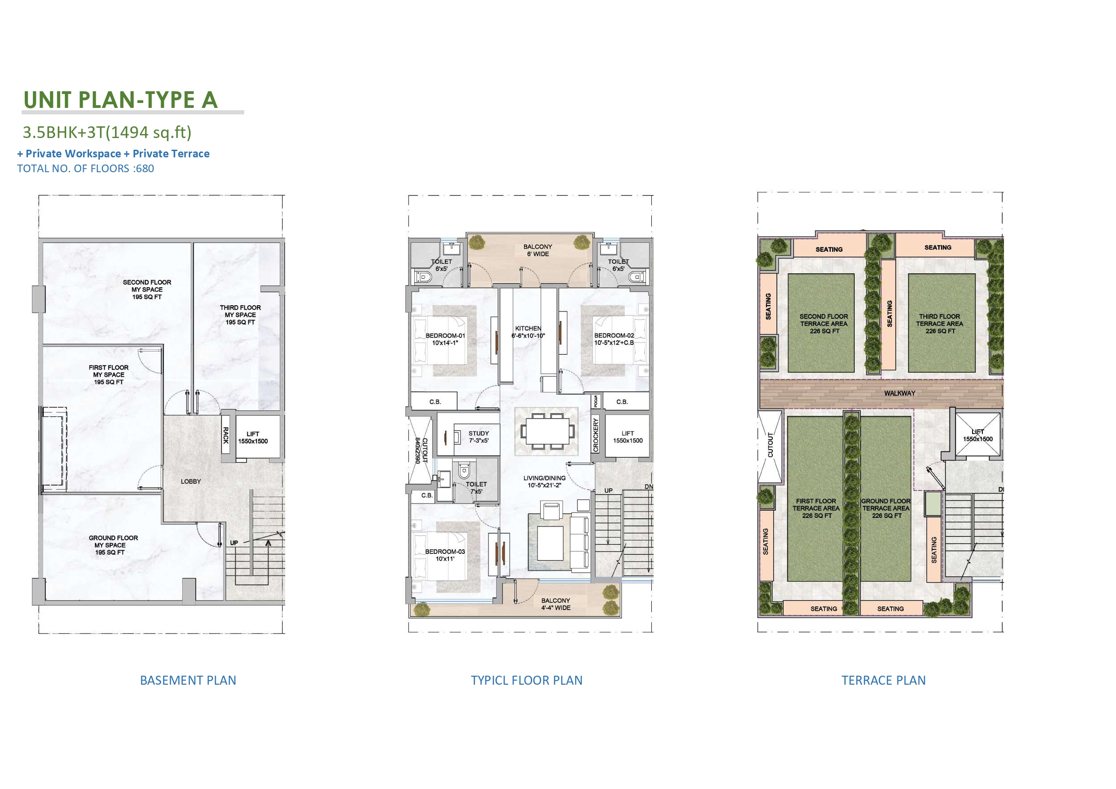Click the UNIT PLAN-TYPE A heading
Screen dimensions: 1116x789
[121, 100]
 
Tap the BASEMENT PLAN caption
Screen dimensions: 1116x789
[188, 680]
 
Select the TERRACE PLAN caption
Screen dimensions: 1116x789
[883, 680]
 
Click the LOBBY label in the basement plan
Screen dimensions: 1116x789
[191, 481]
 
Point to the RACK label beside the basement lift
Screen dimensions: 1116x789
[225, 435]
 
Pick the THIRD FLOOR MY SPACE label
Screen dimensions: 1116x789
[240, 315]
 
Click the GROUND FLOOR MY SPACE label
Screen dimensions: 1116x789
[113, 545]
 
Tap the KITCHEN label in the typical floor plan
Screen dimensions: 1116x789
[528, 329]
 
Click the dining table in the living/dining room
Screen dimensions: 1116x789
[547, 431]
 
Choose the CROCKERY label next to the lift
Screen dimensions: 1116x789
[596, 435]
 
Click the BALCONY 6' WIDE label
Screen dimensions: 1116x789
[538, 250]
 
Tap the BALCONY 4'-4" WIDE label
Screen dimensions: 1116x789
[556, 604]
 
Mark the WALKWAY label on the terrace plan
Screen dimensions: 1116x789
[899, 393]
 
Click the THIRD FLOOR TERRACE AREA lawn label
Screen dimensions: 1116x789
[940, 324]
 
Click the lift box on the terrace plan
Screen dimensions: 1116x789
[978, 435]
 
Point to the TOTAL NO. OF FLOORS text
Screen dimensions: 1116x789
[85, 169]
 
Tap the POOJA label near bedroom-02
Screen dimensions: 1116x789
[596, 401]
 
